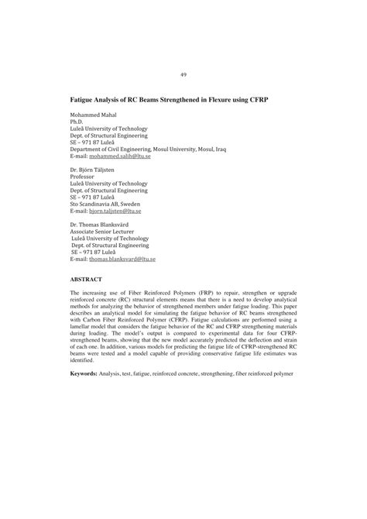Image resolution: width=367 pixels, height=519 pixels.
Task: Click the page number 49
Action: point(183,74)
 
